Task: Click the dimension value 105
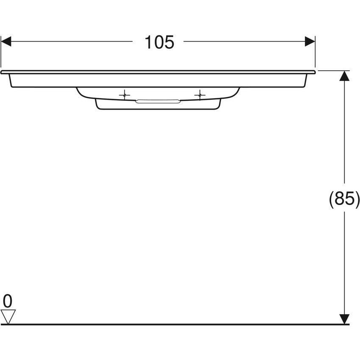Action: (159, 42)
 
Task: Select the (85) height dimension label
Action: (344, 199)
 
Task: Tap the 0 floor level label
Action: (8, 301)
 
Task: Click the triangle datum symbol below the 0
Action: (8, 316)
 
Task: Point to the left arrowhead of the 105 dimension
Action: (6, 42)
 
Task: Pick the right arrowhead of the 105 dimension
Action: (310, 42)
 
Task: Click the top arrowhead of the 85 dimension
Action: (345, 76)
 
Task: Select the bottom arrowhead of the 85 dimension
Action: (345, 319)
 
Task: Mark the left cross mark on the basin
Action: (124, 95)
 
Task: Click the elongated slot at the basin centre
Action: (158, 101)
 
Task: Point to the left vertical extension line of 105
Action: (1, 53)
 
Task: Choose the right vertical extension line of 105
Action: (316, 53)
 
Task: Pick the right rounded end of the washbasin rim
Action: (313, 72)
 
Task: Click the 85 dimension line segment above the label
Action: (345, 136)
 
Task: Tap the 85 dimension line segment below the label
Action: (345, 263)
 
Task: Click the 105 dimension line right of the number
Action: (244, 42)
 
